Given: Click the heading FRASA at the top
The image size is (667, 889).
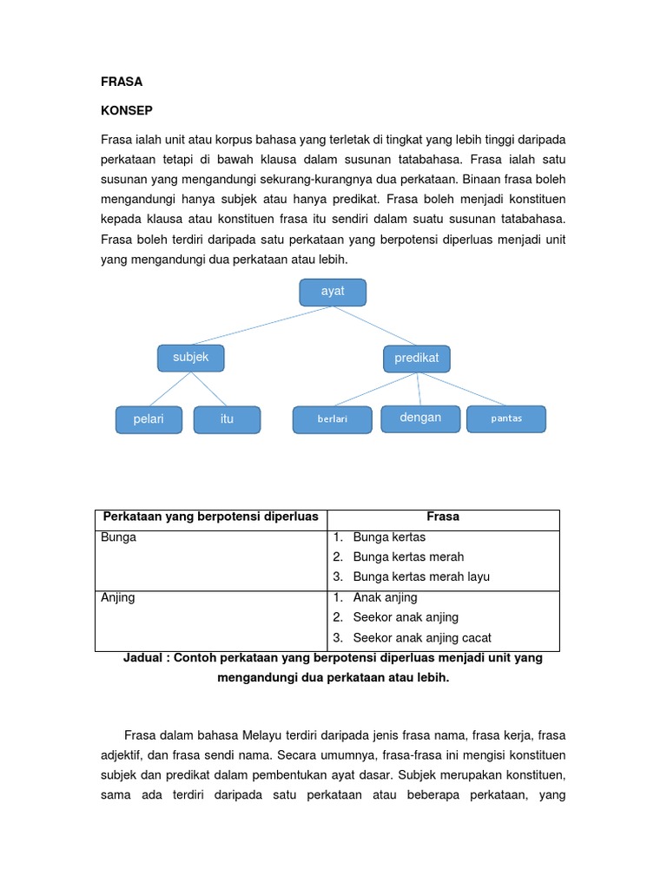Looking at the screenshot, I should click(122, 82).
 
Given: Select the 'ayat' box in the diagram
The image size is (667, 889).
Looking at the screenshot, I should click(333, 292).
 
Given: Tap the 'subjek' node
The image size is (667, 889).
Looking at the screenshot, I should click(190, 358).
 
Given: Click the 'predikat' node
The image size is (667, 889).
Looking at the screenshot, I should click(417, 358).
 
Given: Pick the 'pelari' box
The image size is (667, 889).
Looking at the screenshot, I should click(149, 419).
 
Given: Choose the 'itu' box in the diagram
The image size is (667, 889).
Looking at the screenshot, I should click(227, 419).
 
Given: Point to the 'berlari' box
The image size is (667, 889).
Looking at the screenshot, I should click(333, 419).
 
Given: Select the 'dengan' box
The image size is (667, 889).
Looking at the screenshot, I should click(420, 418).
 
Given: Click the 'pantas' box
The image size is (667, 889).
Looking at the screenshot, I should click(506, 418).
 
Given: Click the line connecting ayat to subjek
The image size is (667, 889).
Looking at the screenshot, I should click(261, 326).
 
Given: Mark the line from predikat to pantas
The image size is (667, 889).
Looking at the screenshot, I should click(460, 389).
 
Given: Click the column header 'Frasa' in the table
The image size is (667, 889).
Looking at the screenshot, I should click(444, 517).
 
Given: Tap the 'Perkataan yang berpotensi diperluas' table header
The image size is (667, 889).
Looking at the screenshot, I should click(211, 517).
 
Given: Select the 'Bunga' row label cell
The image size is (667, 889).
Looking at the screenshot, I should click(119, 537).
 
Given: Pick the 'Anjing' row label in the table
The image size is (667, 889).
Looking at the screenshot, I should click(118, 598).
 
